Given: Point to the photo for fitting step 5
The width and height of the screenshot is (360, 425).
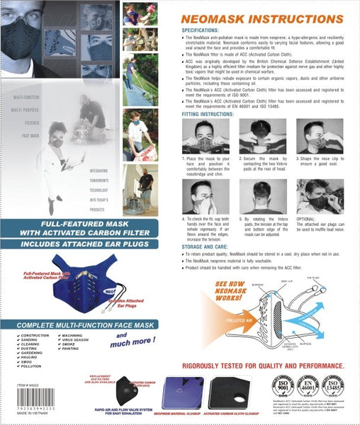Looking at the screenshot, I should pyautogui.click(x=261, y=197).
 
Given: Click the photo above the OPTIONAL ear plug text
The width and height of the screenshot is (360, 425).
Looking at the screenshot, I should pyautogui.click(x=320, y=197).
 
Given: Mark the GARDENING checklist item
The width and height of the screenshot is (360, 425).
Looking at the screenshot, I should pyautogui.click(x=35, y=353).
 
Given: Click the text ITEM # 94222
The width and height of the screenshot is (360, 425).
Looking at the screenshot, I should pyautogui.click(x=27, y=402).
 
